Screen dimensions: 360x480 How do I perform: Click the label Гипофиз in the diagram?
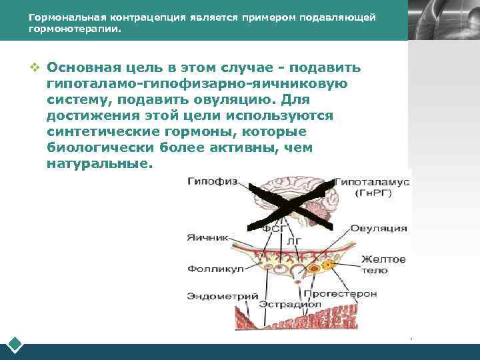pos(209,181)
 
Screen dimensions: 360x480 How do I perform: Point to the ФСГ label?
pos(274,228)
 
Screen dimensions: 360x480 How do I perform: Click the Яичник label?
pos(207,237)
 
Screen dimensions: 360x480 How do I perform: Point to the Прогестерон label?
pos(340,293)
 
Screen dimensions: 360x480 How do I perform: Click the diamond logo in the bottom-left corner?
pos(15,345)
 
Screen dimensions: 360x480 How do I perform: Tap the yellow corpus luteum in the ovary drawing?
pos(327,265)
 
